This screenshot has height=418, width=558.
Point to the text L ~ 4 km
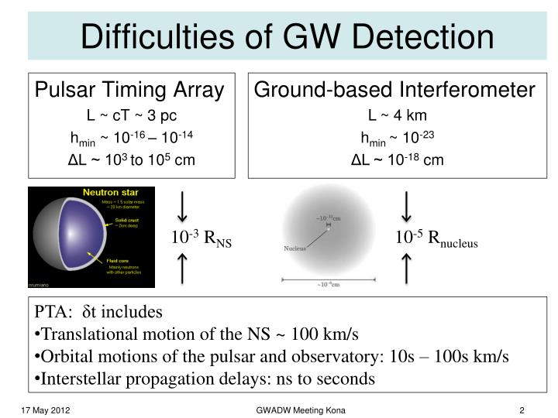(x=395, y=116)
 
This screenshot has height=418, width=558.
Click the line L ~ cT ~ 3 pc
(x=130, y=116)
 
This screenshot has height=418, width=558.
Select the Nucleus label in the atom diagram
(x=295, y=248)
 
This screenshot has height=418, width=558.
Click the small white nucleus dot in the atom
(x=329, y=229)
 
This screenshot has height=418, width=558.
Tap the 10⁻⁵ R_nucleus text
(x=437, y=239)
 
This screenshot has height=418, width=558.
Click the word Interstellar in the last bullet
(x=77, y=379)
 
